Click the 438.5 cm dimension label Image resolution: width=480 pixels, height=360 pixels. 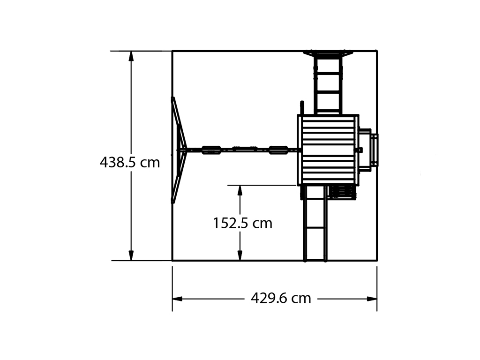(130, 162)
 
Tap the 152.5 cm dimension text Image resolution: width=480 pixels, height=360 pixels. (242, 223)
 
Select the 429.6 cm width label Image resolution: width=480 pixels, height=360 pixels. (281, 298)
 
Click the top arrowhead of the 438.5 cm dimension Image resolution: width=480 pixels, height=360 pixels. (131, 56)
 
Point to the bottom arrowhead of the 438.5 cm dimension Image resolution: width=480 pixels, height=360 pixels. (131, 255)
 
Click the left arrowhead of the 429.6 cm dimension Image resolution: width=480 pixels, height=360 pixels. (178, 299)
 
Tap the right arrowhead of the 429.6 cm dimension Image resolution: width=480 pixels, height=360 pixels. (372, 299)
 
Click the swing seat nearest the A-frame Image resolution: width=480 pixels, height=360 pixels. (211, 150)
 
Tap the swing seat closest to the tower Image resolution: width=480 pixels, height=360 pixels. (278, 150)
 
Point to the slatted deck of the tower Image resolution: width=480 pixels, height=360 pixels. (328, 150)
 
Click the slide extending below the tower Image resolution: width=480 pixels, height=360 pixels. (315, 224)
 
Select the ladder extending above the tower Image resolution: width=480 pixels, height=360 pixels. (328, 82)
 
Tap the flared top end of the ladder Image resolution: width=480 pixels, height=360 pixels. (328, 53)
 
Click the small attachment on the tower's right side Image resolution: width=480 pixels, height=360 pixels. (368, 149)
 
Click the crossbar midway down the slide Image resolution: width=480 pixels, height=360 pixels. (315, 227)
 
